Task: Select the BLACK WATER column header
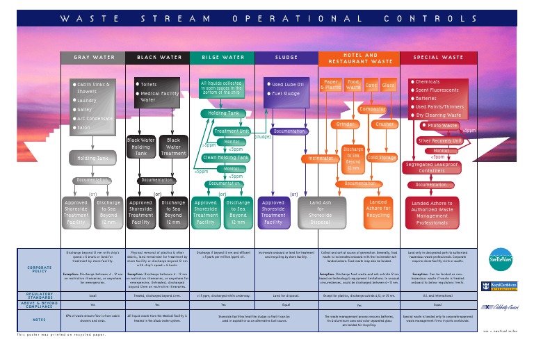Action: pyautogui.click(x=156, y=58)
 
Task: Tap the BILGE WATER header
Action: pyautogui.click(x=222, y=58)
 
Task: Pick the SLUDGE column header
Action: pyautogui.click(x=286, y=58)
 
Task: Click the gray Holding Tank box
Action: pyautogui.click(x=92, y=158)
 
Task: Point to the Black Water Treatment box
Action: pyautogui.click(x=173, y=147)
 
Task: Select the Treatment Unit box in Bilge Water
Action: pyautogui.click(x=232, y=131)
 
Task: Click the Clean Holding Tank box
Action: pyautogui.click(x=225, y=158)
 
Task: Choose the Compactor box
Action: pyautogui.click(x=373, y=109)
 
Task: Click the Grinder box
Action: pyautogui.click(x=346, y=125)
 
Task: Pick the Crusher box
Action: pyautogui.click(x=385, y=125)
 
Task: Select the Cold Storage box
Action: pyautogui.click(x=382, y=158)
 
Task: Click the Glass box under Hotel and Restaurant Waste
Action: pyautogui.click(x=388, y=85)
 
